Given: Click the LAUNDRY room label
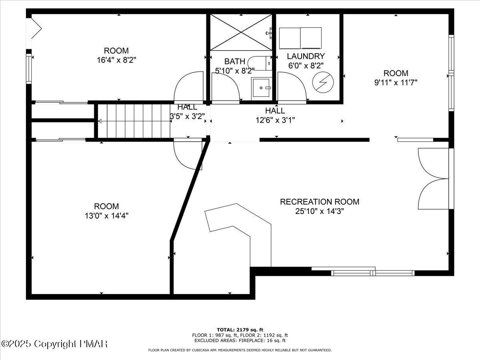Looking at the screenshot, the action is [306, 56].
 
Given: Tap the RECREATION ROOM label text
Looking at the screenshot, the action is [320, 202].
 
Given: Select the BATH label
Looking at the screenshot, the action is [235, 61].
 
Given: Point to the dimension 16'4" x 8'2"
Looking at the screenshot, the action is [116, 60].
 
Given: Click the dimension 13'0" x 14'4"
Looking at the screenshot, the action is [106, 216].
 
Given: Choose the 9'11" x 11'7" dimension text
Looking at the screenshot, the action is [396, 83].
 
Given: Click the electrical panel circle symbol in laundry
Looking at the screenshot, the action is [323, 82].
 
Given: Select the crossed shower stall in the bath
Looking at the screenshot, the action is [241, 32].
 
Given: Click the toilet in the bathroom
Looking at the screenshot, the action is [260, 63].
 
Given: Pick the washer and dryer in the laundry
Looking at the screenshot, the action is [300, 38].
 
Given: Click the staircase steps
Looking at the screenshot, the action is [134, 121].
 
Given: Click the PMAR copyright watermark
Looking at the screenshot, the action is [54, 344].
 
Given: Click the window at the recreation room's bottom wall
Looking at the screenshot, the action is [373, 273].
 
